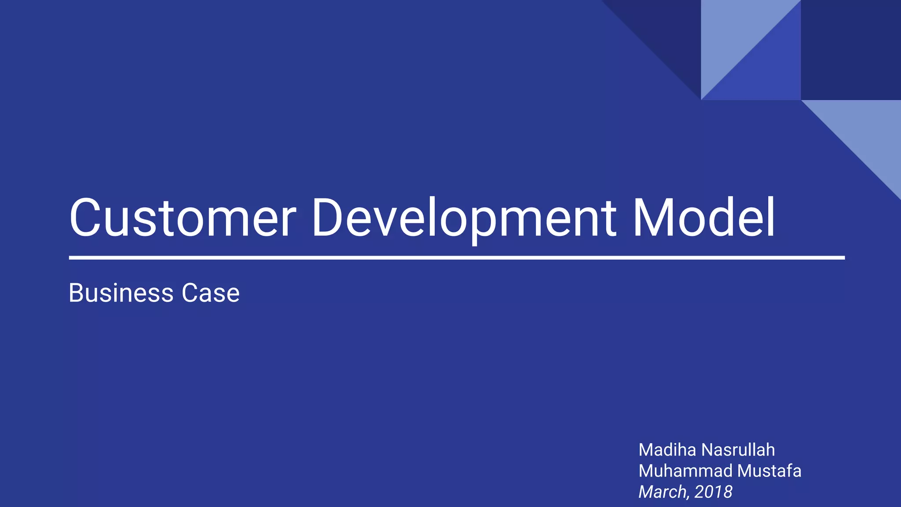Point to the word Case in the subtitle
pyautogui.click(x=211, y=293)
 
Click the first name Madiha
pyautogui.click(x=667, y=450)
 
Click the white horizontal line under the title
pyautogui.click(x=457, y=258)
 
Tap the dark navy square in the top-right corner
pyautogui.click(x=850, y=50)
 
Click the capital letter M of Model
pyautogui.click(x=652, y=218)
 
